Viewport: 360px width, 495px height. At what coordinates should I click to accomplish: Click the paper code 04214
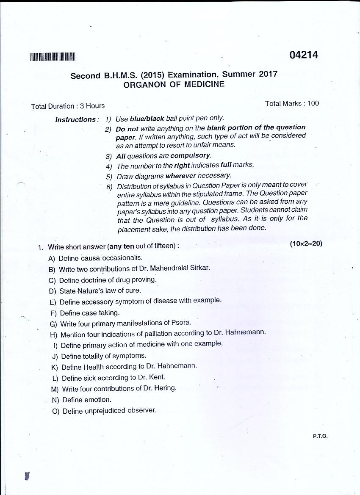304,55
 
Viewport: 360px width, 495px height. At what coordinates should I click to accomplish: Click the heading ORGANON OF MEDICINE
174,84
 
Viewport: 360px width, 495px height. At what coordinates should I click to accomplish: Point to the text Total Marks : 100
292,103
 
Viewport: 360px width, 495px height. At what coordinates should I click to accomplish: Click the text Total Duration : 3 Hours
68,106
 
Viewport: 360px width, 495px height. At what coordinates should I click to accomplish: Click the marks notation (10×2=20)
306,243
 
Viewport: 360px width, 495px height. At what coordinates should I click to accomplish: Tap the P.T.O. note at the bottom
321,436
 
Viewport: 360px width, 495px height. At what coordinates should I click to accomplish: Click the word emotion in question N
97,400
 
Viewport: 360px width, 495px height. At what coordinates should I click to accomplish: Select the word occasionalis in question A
123,257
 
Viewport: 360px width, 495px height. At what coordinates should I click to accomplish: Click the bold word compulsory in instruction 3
190,155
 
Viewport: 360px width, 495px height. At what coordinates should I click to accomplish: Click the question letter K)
54,367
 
